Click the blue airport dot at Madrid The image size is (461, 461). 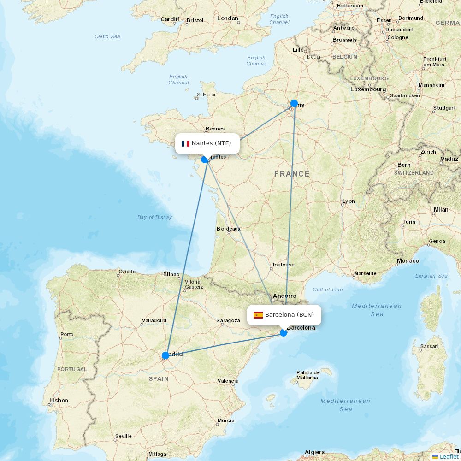(165, 355)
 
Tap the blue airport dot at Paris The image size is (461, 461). (294, 103)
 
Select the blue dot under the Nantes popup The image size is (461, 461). (205, 160)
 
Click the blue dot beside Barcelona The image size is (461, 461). (284, 332)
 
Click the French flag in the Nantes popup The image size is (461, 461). (185, 143)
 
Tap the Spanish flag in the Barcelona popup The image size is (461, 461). (258, 315)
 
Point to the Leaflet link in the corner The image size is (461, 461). (449, 456)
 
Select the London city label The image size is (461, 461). (227, 18)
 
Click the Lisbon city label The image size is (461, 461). (59, 401)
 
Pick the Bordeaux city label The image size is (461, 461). (229, 229)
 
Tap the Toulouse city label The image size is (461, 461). (283, 265)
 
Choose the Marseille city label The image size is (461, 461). (365, 273)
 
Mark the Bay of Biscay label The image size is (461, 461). (154, 217)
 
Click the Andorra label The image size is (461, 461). (284, 296)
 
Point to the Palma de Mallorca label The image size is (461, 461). (307, 375)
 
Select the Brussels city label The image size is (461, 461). (344, 40)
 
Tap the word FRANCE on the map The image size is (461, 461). (292, 174)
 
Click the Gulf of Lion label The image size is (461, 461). (327, 290)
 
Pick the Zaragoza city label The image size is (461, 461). (228, 320)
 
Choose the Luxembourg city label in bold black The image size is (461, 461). (368, 89)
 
